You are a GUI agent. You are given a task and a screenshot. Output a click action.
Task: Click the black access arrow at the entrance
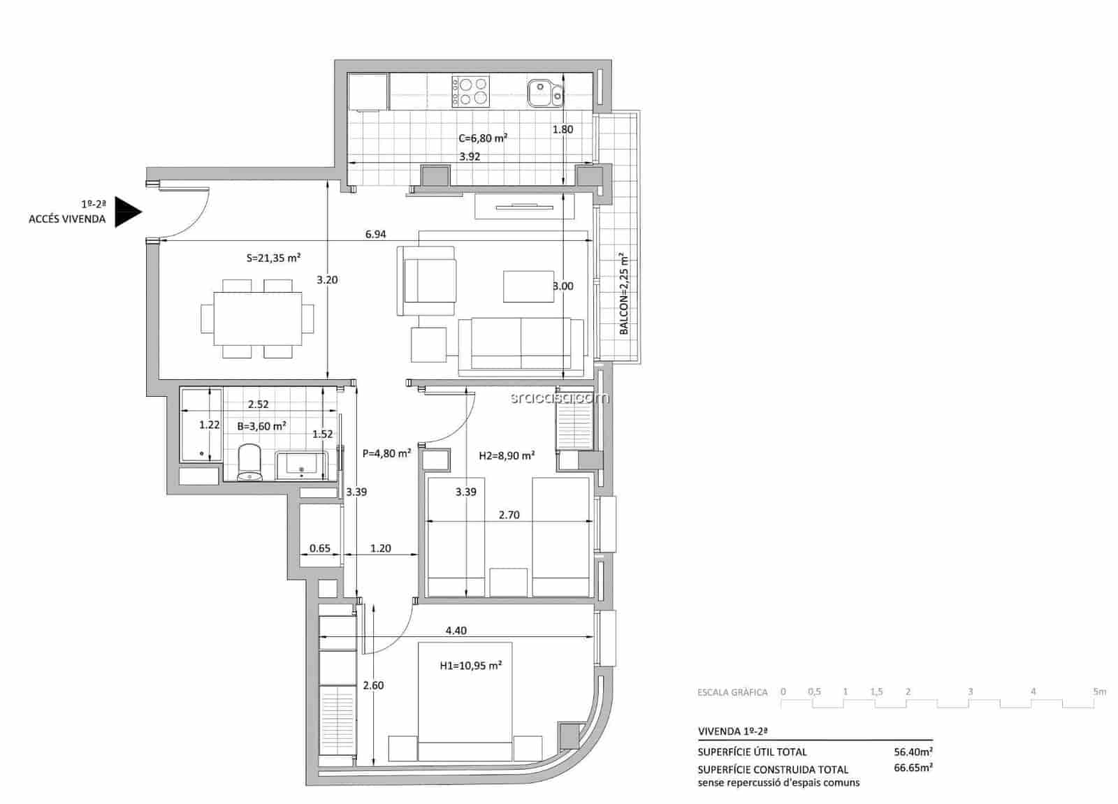pos(128,212)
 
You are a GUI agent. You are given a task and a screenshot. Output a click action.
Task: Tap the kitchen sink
pos(544,92)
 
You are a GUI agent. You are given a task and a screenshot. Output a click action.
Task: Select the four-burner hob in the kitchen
pos(471,92)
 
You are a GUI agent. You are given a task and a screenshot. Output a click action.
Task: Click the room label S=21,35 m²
pos(273,258)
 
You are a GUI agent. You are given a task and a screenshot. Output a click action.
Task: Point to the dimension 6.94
pos(375,235)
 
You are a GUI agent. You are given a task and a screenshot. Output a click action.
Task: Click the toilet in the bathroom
pos(249,462)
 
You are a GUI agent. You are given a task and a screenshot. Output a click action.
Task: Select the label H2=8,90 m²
pos(507,455)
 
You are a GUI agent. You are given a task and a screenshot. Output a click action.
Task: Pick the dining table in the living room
pos(257,319)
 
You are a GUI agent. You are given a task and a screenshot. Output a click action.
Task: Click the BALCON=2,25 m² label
pos(624,293)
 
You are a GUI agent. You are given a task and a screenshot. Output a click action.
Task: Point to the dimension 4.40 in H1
pos(456,631)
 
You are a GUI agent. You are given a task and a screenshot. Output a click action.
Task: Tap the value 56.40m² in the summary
pos(913,752)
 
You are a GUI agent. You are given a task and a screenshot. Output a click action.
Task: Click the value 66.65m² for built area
pos(913,768)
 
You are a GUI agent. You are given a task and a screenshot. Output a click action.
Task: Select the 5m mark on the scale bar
pos(1100,692)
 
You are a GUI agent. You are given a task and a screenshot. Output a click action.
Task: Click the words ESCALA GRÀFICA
pos(732,693)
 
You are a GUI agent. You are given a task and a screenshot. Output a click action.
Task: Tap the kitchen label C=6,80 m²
pos(482,138)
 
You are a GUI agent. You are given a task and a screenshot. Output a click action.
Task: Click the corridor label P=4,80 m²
pos(386,453)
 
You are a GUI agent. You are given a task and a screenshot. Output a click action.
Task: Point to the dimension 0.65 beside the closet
pos(319,548)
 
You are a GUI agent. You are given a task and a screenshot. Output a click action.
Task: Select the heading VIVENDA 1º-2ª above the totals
pos(733,731)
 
